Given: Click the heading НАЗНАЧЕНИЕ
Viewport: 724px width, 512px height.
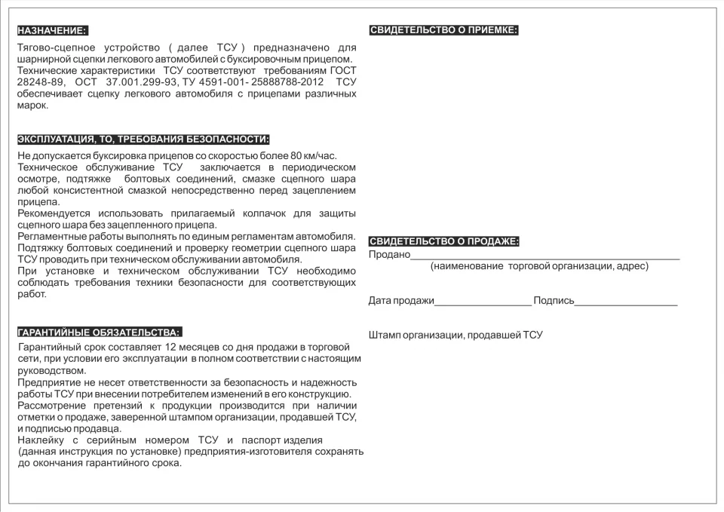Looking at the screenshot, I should point(52,31).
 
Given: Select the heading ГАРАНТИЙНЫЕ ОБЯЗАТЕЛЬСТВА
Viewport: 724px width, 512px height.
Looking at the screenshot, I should point(99,332).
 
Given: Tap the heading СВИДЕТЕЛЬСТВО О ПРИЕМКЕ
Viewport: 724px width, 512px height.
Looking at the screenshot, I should point(443,30).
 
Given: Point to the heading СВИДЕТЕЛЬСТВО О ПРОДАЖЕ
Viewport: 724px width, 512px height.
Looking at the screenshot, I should point(443,241).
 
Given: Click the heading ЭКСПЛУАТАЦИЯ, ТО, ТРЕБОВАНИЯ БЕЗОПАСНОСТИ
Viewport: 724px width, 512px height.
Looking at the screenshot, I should point(143,139).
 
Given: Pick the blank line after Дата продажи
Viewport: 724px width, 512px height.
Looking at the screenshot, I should point(483,303).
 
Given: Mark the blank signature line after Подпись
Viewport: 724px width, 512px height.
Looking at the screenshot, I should point(626,303).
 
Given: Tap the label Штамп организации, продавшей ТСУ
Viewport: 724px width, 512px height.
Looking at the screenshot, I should point(456,335).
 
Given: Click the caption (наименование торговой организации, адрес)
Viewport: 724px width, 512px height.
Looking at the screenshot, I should point(539,266).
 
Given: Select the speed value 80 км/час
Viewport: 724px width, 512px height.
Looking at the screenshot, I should point(312,156).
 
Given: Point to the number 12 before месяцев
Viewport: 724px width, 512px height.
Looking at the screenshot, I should point(170,346).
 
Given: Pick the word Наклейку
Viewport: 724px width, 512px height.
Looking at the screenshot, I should point(42,440).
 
